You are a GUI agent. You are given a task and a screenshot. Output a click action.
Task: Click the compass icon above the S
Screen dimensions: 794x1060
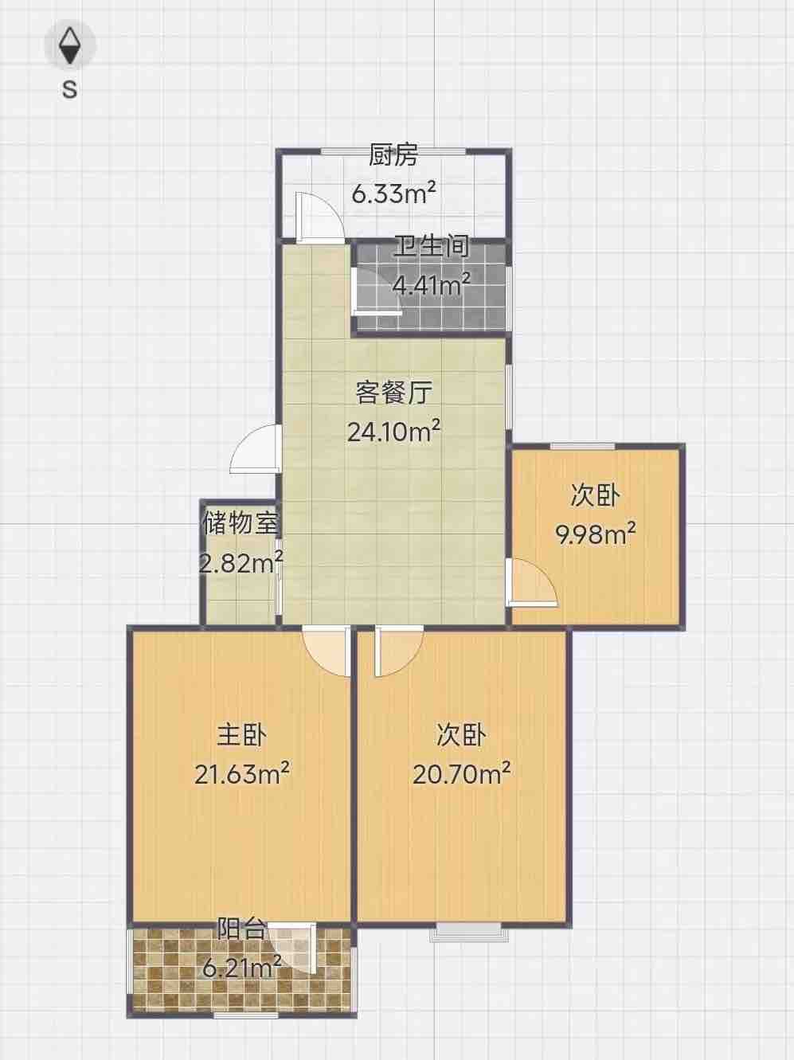pos(70,46)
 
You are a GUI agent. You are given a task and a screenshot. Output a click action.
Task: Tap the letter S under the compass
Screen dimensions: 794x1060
pos(70,89)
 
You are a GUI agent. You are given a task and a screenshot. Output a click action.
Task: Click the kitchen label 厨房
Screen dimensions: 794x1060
pos(393,155)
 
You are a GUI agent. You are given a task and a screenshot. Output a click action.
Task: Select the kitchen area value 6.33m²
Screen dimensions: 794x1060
pos(394,194)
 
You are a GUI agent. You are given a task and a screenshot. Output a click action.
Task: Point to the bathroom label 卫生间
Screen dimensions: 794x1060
pos(432,246)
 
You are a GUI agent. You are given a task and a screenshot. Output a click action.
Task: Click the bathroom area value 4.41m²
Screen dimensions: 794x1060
pos(432,285)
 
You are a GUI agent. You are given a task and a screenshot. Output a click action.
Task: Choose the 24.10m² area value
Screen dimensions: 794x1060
pos(393,431)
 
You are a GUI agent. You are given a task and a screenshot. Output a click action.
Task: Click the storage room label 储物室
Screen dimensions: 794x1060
pos(241,523)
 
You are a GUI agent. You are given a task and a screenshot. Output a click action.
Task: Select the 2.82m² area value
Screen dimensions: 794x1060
pos(241,562)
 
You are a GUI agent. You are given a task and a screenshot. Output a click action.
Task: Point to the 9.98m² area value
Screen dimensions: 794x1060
pos(596,534)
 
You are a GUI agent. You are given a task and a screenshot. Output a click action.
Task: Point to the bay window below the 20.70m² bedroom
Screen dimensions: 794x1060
pos(469,934)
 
